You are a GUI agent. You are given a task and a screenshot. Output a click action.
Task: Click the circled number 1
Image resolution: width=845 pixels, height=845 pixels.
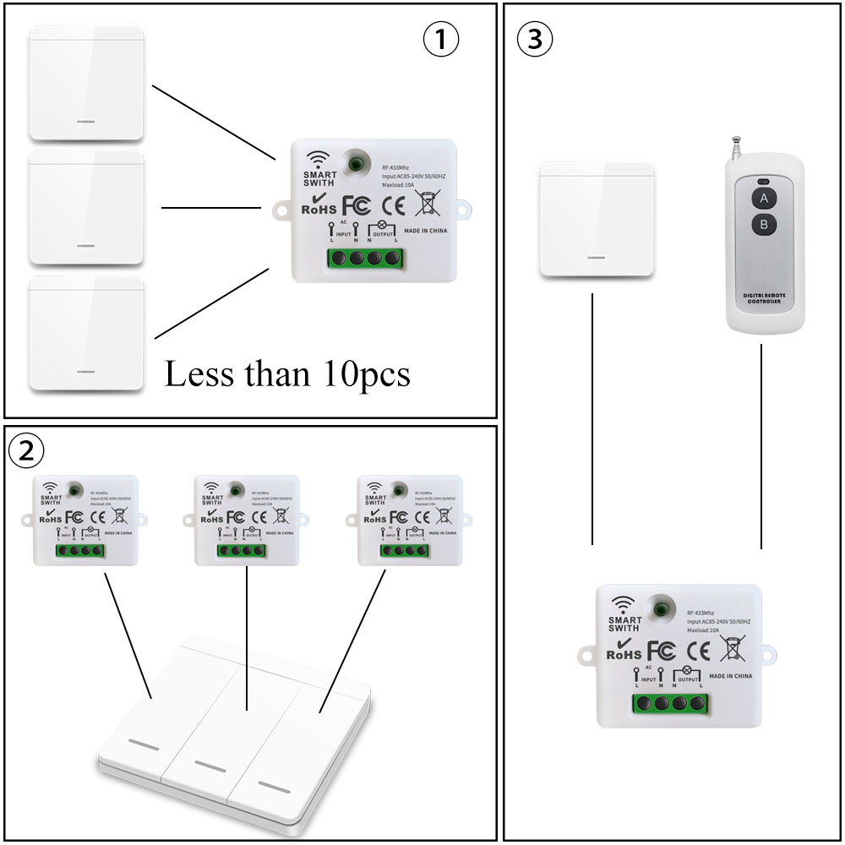[x=439, y=40]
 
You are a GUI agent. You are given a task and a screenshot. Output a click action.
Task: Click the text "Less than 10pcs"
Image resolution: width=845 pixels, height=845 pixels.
[x=287, y=373]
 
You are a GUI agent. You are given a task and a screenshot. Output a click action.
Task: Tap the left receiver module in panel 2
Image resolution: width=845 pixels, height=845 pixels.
[x=85, y=520]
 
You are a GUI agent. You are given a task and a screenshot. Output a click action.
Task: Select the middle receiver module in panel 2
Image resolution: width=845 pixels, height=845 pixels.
[x=247, y=520]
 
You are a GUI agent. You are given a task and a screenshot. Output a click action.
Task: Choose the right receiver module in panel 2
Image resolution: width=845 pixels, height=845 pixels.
[x=410, y=520]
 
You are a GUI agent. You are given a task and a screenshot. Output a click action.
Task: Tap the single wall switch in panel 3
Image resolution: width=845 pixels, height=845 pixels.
[x=597, y=221]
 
